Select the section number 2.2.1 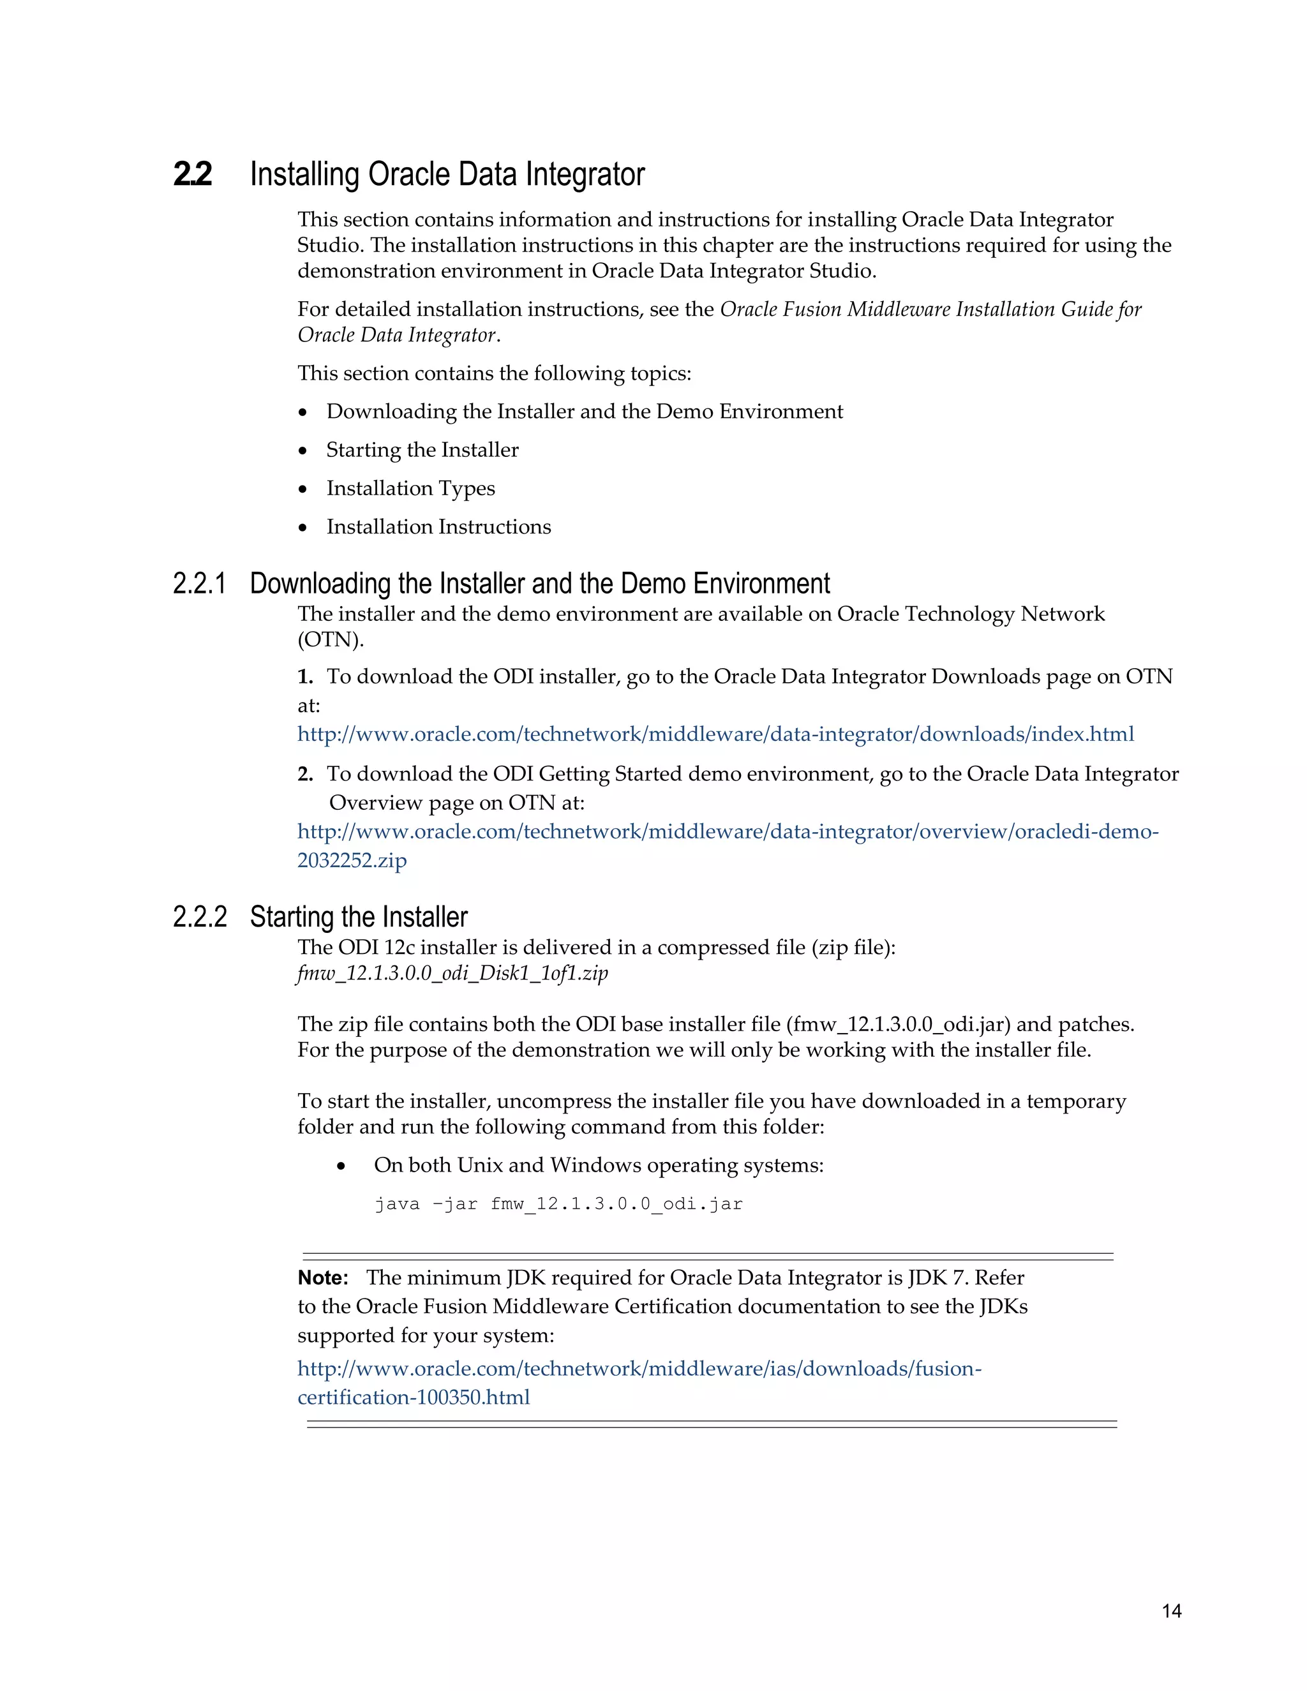[200, 584]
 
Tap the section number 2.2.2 [200, 917]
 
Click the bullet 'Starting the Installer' [422, 450]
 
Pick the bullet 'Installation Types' [410, 489]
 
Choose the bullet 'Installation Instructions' [438, 527]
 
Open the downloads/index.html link [715, 734]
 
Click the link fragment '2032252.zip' [352, 860]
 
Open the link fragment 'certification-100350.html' [414, 1397]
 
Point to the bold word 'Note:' [323, 1278]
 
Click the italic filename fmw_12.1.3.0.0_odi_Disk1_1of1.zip [452, 973]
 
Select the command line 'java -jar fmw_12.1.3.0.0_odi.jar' [558, 1204]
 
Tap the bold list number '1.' [305, 676]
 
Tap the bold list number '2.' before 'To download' [305, 774]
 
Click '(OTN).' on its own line [331, 640]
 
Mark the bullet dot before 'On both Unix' [341, 1166]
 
